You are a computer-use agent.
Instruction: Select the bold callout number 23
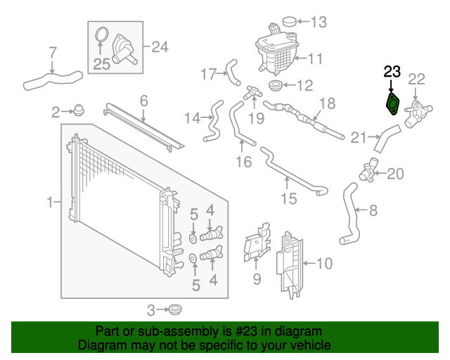[x=392, y=71]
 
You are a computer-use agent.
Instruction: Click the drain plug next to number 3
[x=173, y=309]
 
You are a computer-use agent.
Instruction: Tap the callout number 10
[x=323, y=264]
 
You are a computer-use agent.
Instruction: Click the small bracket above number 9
[x=257, y=243]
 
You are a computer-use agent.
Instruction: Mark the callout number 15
[x=289, y=199]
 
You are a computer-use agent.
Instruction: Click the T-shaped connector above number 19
[x=252, y=91]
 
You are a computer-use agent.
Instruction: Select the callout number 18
[x=328, y=103]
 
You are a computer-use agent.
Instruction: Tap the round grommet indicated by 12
[x=275, y=86]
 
